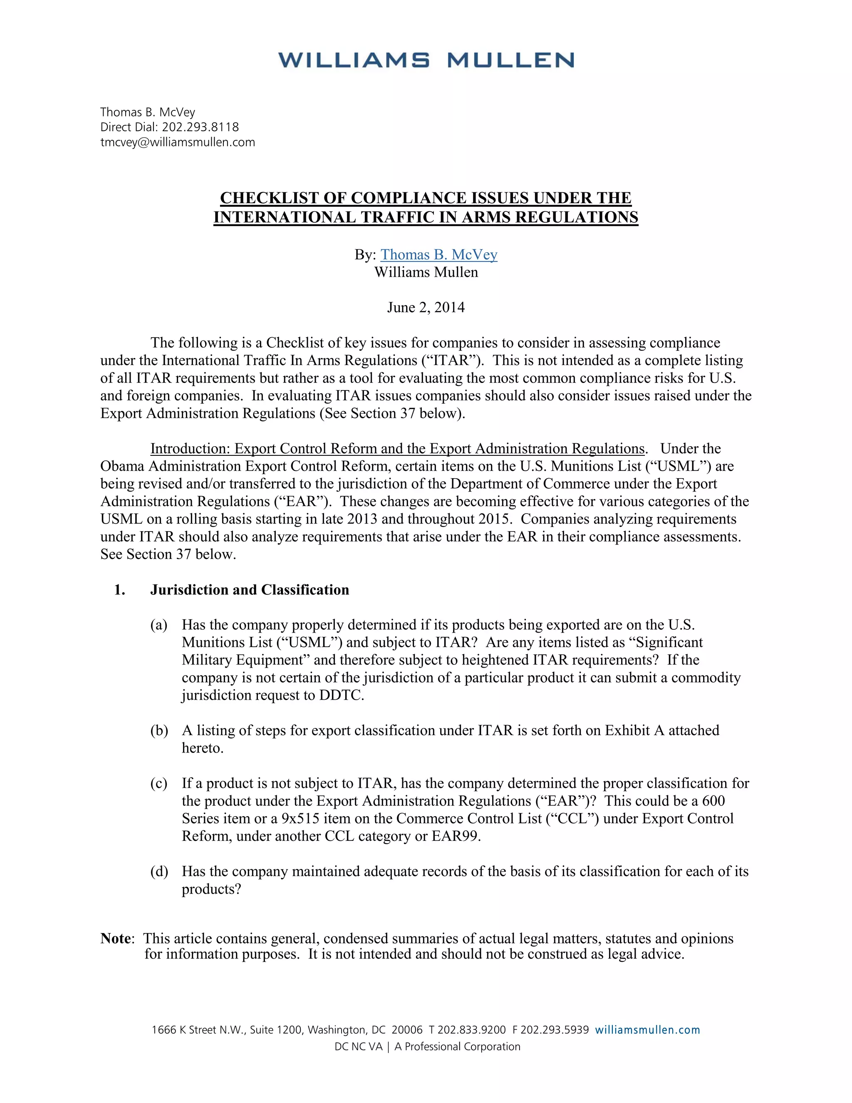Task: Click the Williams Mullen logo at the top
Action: (x=426, y=60)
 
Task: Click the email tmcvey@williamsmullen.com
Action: (x=178, y=142)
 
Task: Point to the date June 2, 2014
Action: (x=426, y=308)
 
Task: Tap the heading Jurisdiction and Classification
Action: (x=249, y=590)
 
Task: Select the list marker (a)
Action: (x=159, y=625)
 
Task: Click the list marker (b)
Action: (x=159, y=730)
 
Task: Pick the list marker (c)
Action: (x=159, y=783)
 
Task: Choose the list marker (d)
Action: (x=159, y=871)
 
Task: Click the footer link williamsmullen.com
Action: (x=648, y=1030)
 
